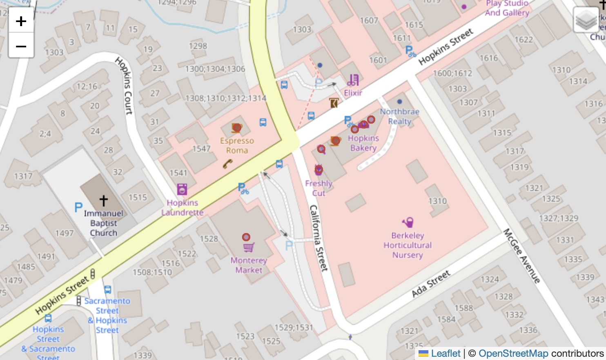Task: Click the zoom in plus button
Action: pyautogui.click(x=21, y=21)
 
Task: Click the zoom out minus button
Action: pyautogui.click(x=21, y=46)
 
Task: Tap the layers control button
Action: pyautogui.click(x=586, y=20)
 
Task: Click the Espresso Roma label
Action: pyautogui.click(x=237, y=146)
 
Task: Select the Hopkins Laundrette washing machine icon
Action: pyautogui.click(x=182, y=189)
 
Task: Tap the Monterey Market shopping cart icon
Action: pyautogui.click(x=248, y=247)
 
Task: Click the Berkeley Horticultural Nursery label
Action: pyautogui.click(x=408, y=245)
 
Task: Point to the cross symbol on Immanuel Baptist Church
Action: pyautogui.click(x=104, y=200)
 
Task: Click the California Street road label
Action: pyautogui.click(x=319, y=238)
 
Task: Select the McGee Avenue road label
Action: pyautogui.click(x=522, y=256)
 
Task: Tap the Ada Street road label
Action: pyautogui.click(x=431, y=284)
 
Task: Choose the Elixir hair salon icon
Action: pyautogui.click(x=353, y=80)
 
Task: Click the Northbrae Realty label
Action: pyautogui.click(x=399, y=116)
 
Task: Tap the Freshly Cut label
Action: pyautogui.click(x=319, y=188)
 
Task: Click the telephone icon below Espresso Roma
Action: pyautogui.click(x=228, y=164)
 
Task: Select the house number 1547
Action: pyautogui.click(x=201, y=149)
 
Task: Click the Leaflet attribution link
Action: pyautogui.click(x=446, y=353)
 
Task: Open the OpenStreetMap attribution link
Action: pyautogui.click(x=513, y=353)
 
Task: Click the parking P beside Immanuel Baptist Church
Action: pyautogui.click(x=78, y=207)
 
